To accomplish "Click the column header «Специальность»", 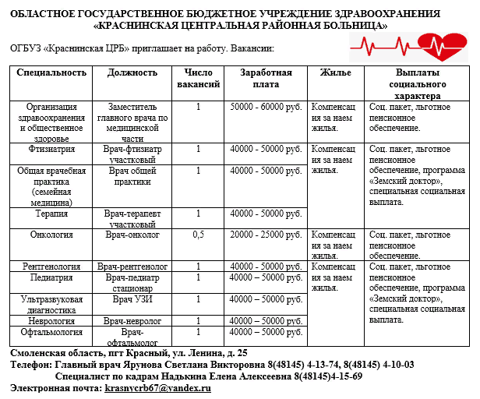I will [51, 72].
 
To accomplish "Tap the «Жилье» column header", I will [335, 72].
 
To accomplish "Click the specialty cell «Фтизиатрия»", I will [51, 147].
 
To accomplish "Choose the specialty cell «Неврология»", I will [51, 320].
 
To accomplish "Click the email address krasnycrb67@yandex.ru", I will [158, 387].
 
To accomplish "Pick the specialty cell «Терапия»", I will [51, 212].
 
